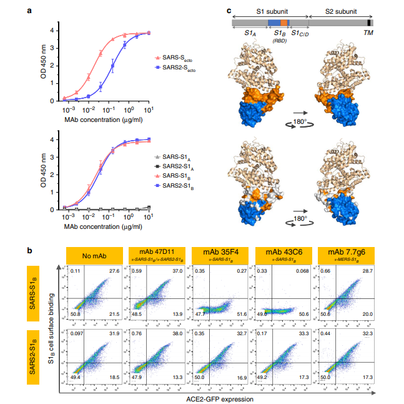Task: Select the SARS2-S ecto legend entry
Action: click(180, 71)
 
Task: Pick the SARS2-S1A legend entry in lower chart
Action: click(178, 165)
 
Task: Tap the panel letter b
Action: click(29, 250)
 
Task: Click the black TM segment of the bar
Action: click(369, 23)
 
